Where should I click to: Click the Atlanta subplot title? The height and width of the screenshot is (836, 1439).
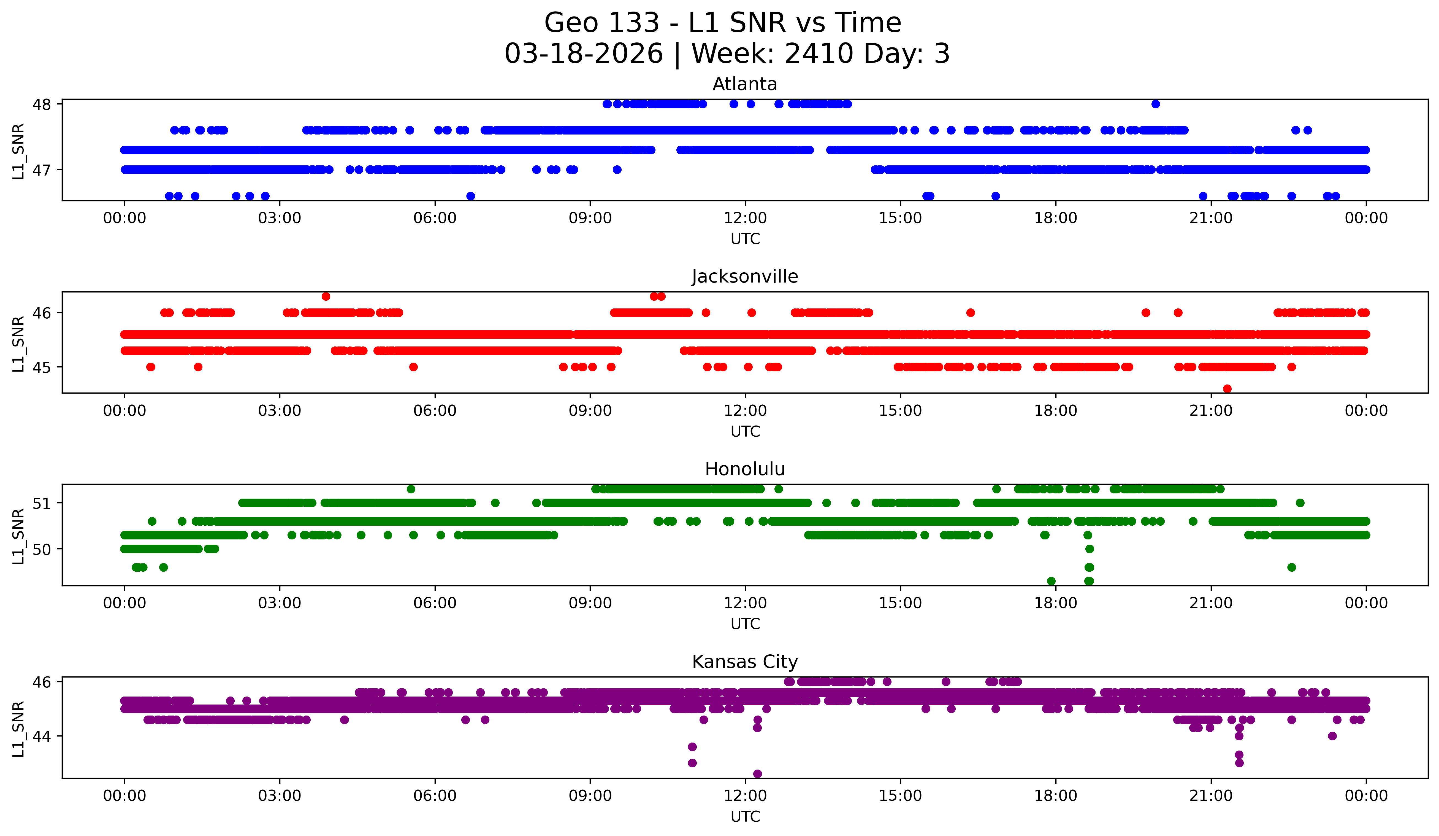pos(745,84)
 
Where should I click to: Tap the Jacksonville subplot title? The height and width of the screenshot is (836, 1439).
pos(745,276)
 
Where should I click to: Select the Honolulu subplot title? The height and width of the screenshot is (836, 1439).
pos(745,469)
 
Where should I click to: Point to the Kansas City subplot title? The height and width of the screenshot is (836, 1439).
pos(745,662)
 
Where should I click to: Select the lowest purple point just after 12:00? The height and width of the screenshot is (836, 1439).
pos(757,774)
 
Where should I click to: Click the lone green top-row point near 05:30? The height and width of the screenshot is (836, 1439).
pos(411,489)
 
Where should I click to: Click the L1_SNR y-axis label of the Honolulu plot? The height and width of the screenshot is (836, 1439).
pos(18,536)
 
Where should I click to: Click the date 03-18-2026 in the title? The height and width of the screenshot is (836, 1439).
pos(584,54)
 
